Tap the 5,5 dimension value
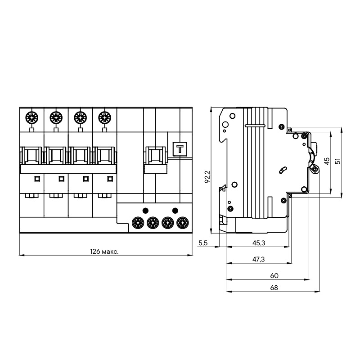[202, 243]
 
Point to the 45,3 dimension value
[258, 243]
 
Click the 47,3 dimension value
[258, 260]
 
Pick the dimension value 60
[274, 275]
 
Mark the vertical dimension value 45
[327, 161]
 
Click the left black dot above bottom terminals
[145, 210]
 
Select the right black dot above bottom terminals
[175, 210]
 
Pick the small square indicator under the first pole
[36, 179]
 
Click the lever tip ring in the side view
[315, 169]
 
